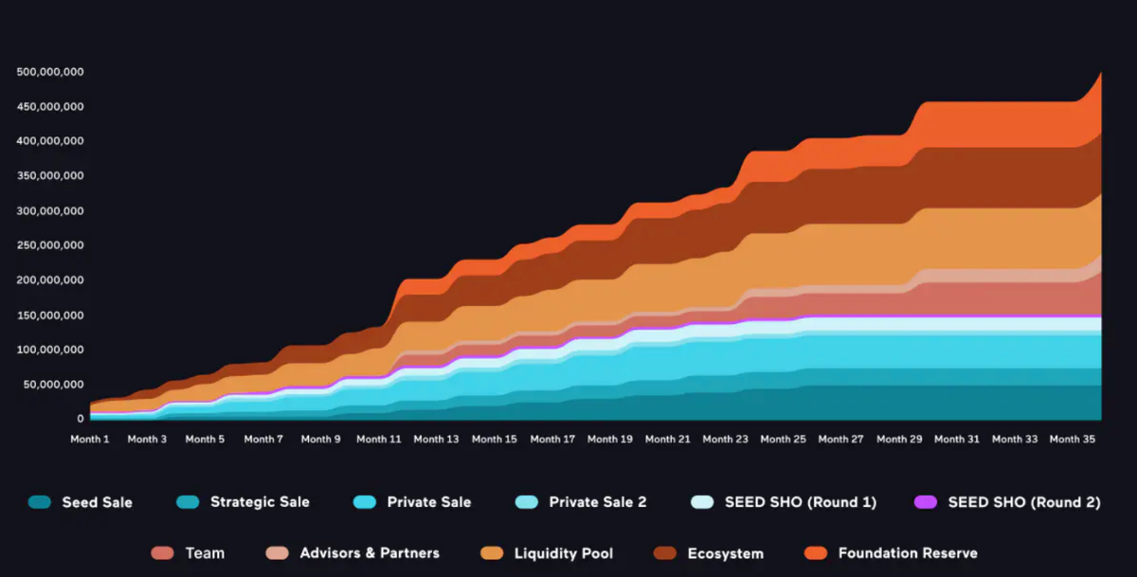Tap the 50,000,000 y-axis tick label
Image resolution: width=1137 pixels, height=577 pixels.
click(x=54, y=385)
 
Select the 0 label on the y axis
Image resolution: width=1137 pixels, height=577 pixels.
click(x=81, y=419)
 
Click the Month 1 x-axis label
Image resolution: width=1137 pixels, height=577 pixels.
click(x=90, y=440)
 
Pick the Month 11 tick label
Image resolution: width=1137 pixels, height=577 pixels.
click(x=378, y=440)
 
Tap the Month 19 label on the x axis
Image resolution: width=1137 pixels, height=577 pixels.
click(x=609, y=440)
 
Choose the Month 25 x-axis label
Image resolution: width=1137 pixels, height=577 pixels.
click(x=783, y=440)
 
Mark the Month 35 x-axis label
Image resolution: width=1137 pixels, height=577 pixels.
click(x=1072, y=440)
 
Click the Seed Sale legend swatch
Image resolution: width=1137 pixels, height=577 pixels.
click(x=40, y=502)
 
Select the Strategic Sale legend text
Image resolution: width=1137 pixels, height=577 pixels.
click(x=260, y=502)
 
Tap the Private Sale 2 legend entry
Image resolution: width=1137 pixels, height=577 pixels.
click(x=597, y=502)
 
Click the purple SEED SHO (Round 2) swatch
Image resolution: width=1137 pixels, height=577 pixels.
click(x=925, y=502)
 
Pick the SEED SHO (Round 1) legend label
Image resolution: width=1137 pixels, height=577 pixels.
click(x=801, y=502)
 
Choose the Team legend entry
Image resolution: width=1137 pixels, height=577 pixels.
click(x=205, y=553)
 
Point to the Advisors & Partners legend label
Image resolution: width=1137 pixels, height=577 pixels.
click(x=370, y=553)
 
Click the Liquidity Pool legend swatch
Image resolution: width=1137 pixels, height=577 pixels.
click(x=492, y=553)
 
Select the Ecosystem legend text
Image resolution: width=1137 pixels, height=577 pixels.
click(x=725, y=553)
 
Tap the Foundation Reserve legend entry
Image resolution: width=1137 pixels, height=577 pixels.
click(x=908, y=553)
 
